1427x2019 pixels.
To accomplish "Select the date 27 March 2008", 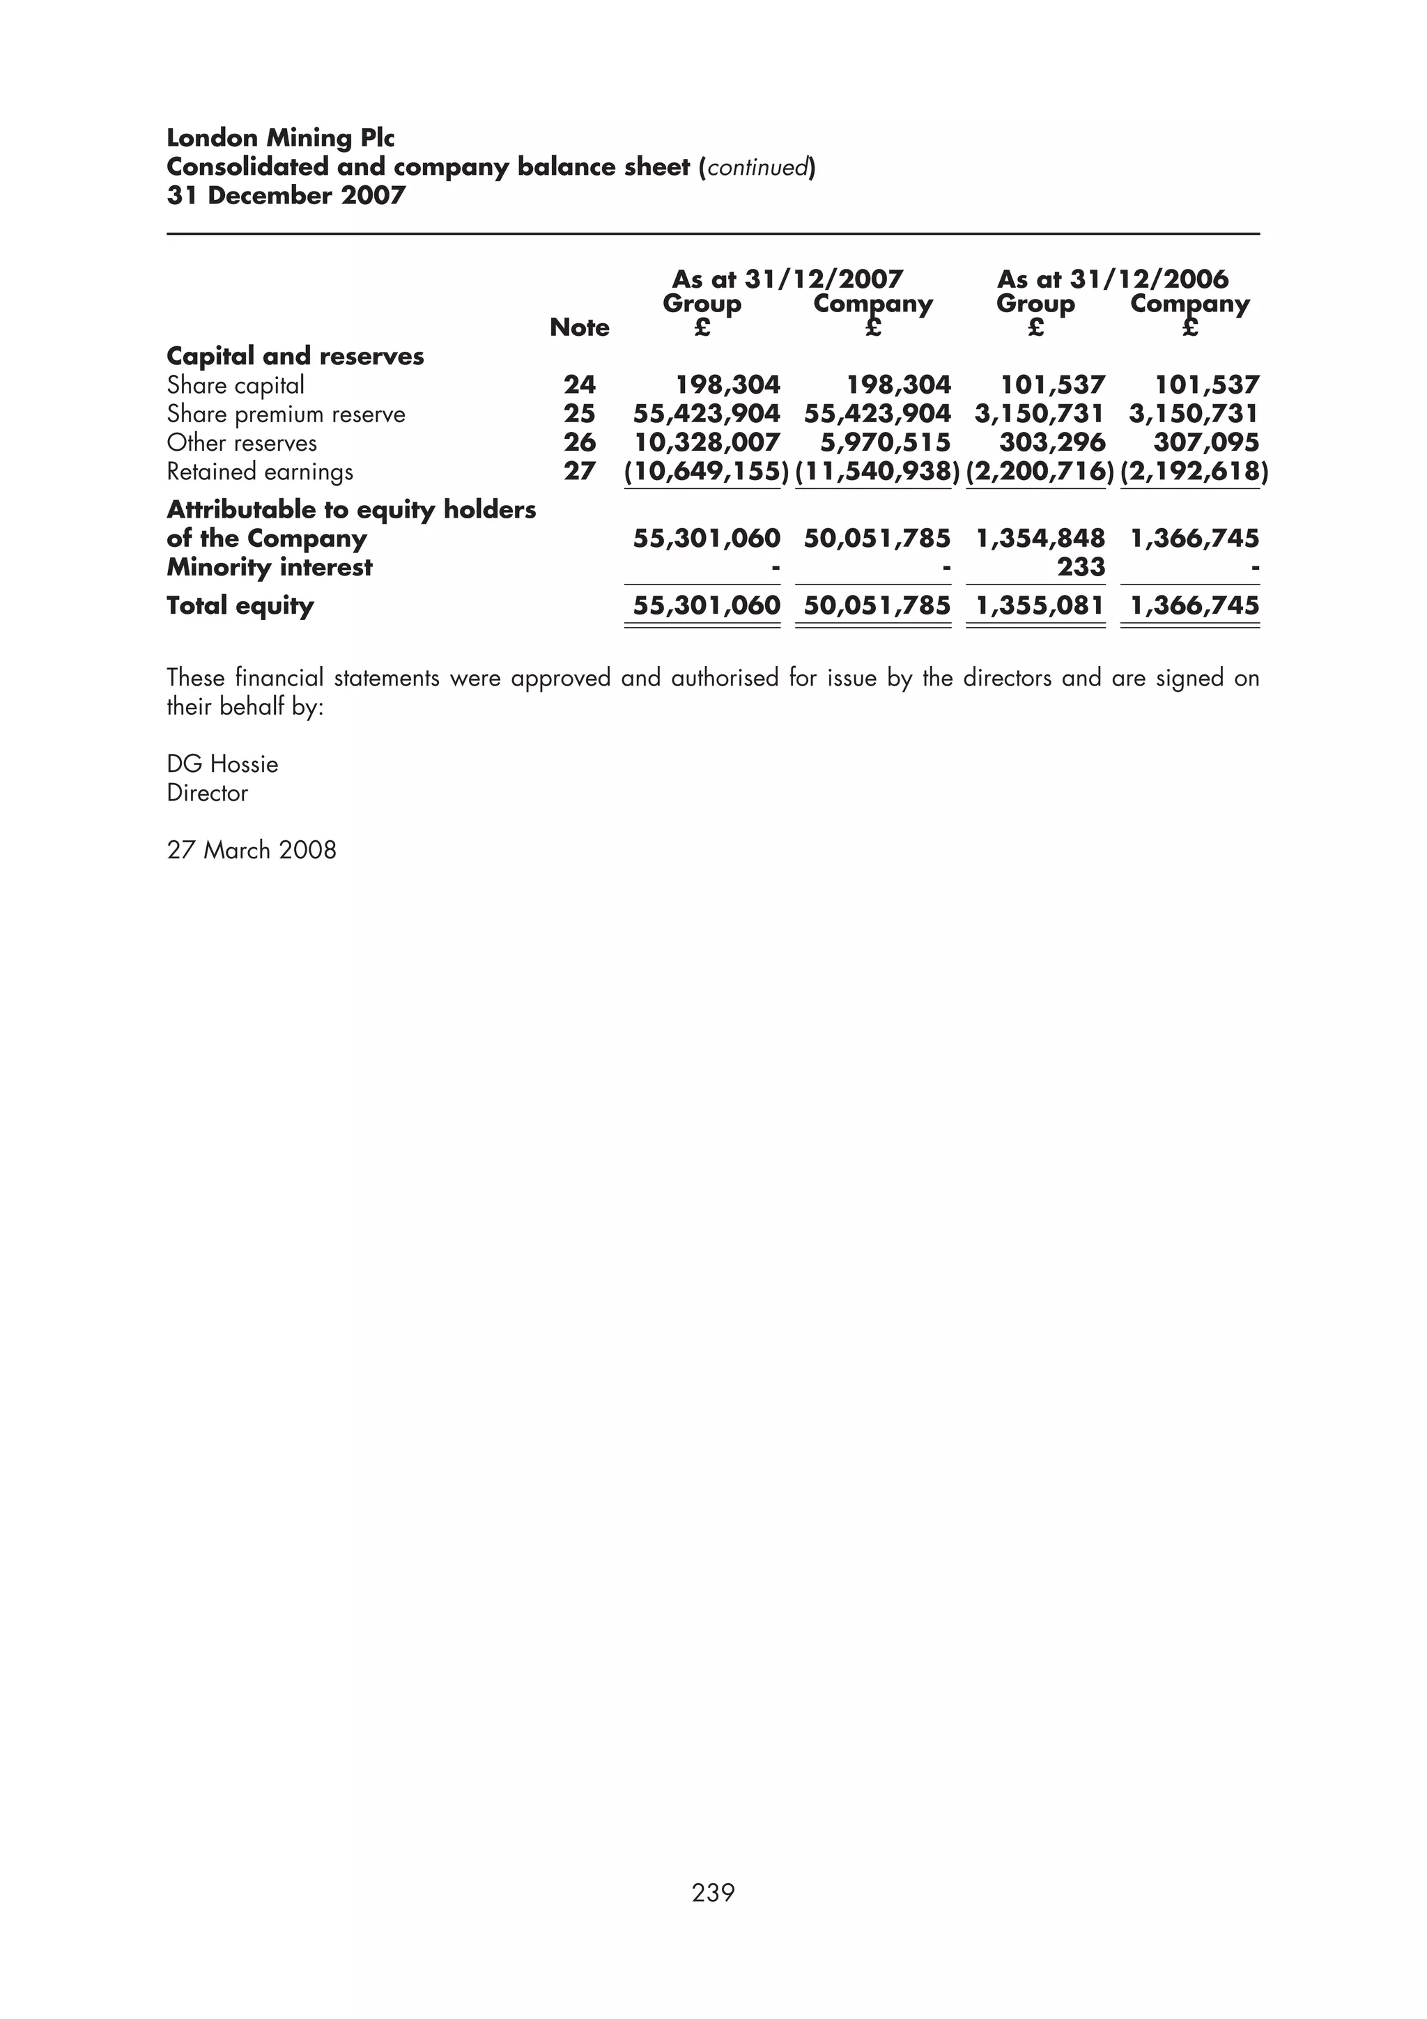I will point(252,849).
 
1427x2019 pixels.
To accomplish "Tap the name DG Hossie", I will point(222,764).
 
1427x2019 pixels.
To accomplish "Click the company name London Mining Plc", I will point(281,138).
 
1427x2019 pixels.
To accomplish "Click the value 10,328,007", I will point(707,442).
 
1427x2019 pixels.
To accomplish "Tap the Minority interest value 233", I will point(1081,566).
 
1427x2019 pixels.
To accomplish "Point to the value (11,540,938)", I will point(877,472).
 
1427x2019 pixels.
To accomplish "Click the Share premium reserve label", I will point(286,413).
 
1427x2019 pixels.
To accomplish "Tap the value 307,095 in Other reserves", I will point(1205,442).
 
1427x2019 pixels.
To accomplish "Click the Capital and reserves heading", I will point(295,356).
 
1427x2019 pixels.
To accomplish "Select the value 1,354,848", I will point(1040,538).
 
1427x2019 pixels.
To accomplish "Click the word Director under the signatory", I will point(208,792).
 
